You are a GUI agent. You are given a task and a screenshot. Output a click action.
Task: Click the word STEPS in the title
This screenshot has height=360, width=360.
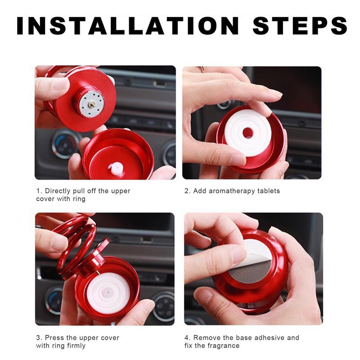pyautogui.click(x=300, y=26)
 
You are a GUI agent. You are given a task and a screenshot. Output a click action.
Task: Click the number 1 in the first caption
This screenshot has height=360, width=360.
pyautogui.click(x=38, y=191)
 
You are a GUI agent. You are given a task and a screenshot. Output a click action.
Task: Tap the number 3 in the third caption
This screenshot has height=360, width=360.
pyautogui.click(x=38, y=337)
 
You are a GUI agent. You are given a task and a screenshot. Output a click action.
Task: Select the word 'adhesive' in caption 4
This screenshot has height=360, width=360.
pyautogui.click(x=270, y=337)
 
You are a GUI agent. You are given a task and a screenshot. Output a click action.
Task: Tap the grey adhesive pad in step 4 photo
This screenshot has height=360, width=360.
pyautogui.click(x=252, y=270)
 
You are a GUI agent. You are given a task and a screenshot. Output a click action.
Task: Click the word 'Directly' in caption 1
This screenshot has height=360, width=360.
pyautogui.click(x=58, y=191)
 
